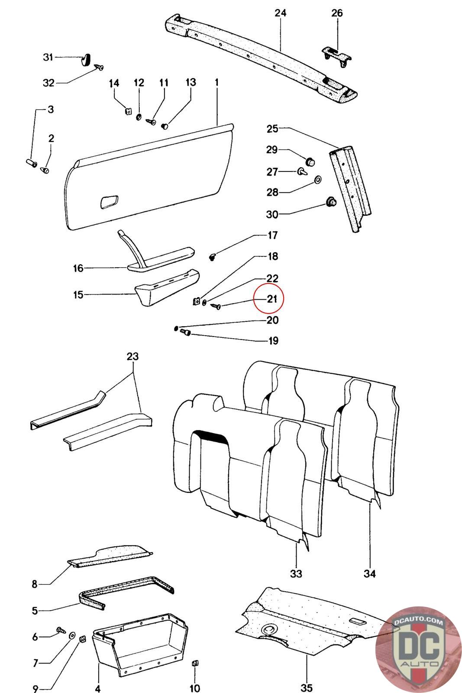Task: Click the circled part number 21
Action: click(272, 298)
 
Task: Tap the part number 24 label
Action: click(281, 13)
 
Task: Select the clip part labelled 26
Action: click(337, 56)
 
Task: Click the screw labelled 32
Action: click(100, 68)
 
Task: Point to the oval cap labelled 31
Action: click(86, 58)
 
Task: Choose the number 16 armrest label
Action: click(78, 269)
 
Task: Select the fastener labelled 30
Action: click(331, 202)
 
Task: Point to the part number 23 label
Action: click(132, 357)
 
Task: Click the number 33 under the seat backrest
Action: click(296, 573)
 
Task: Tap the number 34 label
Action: click(369, 573)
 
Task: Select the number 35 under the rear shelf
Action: click(306, 687)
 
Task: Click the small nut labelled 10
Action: click(194, 663)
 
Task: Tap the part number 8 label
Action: click(35, 584)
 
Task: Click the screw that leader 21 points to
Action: click(216, 306)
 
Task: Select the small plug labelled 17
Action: click(213, 257)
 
